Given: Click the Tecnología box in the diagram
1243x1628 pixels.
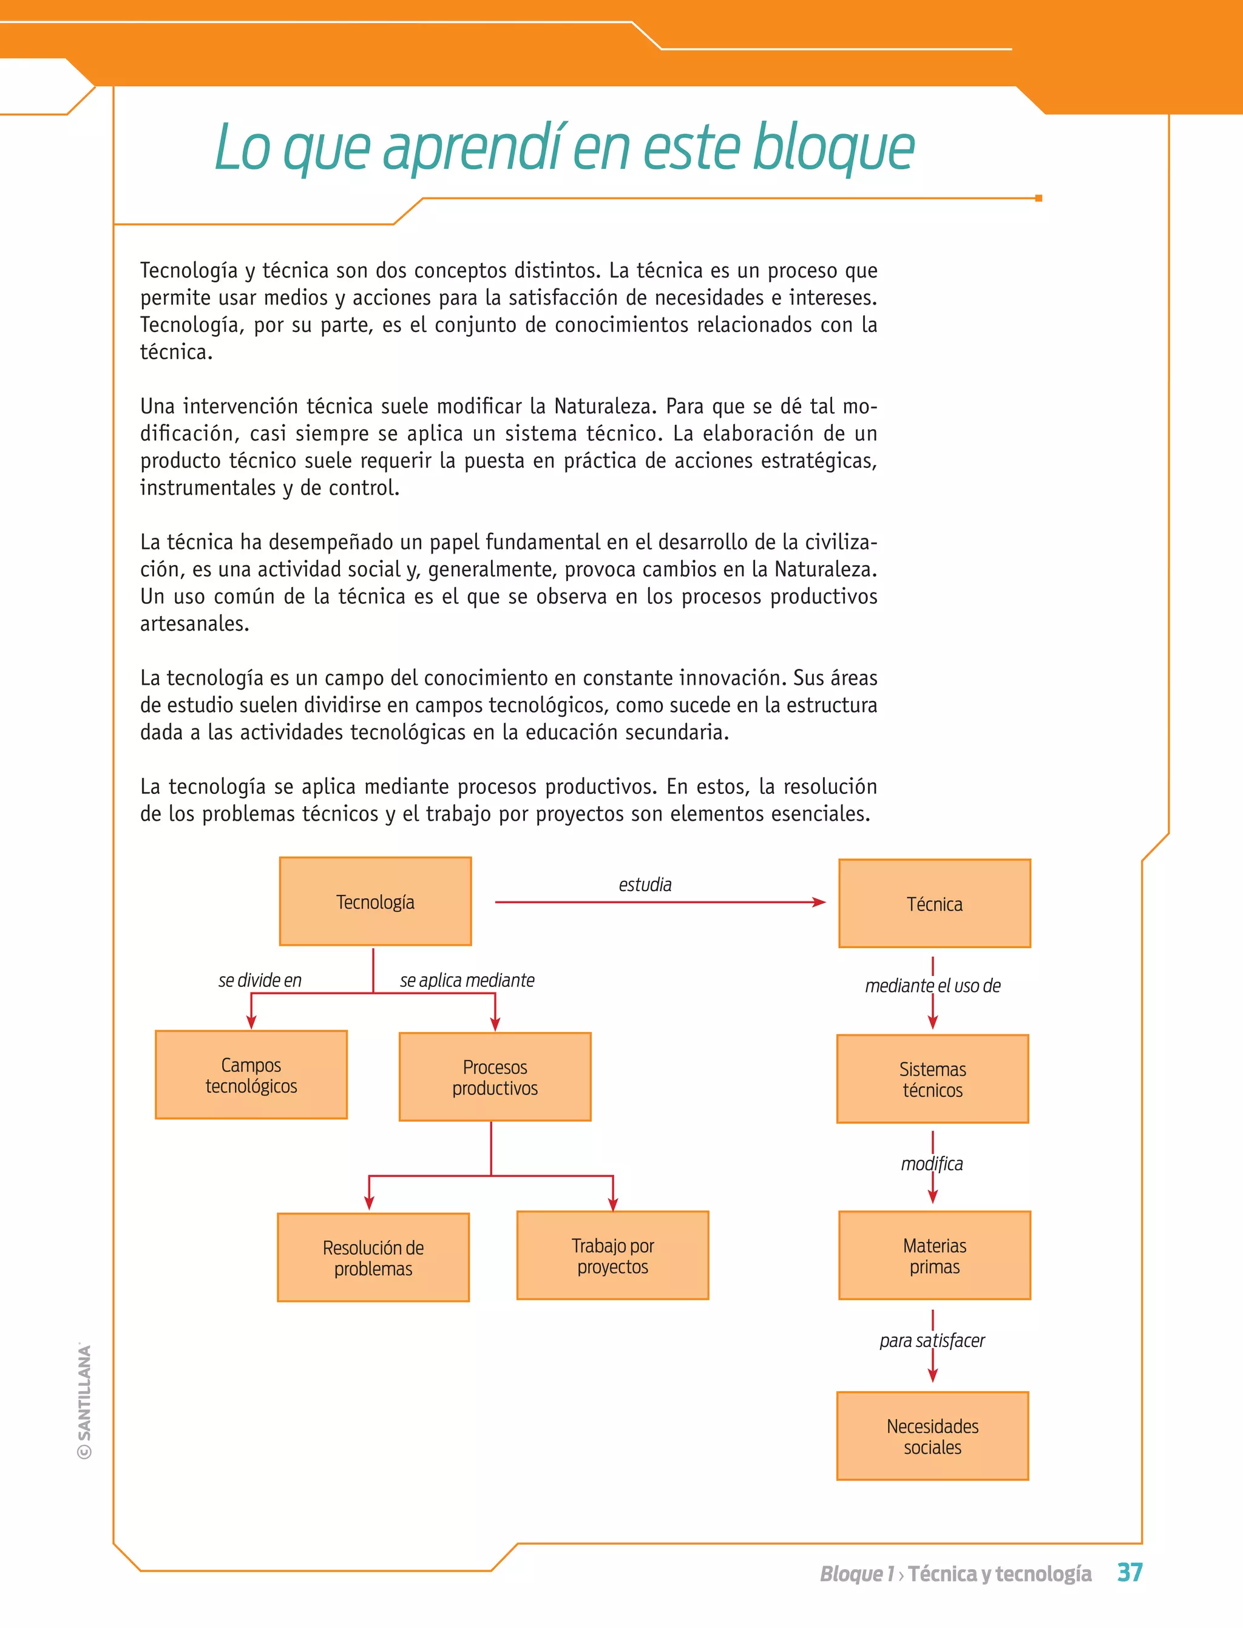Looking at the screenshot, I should point(375,901).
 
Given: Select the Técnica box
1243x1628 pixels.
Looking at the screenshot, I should point(935,904).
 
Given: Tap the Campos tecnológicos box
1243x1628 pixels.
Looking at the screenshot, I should point(251,1074).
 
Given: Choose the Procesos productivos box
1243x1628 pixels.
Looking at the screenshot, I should point(495,1077).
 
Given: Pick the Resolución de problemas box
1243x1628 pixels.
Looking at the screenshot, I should point(373,1257).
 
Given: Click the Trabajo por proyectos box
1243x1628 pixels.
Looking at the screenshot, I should point(612,1255).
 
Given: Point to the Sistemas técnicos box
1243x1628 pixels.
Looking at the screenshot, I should point(932,1079).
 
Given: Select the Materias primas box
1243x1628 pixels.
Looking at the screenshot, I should point(935,1255).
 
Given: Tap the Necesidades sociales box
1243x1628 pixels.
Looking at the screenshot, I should point(932,1436).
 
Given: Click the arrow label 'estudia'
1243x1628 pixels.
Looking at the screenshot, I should point(645,884).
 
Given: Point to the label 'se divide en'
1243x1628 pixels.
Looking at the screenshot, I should point(260,980).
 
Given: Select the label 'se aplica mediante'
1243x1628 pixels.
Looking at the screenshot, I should point(467,980).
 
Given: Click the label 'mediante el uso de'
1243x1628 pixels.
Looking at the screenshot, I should point(932,986).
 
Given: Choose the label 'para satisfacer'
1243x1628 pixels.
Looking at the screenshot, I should point(932,1340).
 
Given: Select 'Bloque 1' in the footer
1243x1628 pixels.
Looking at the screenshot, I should point(857,1573).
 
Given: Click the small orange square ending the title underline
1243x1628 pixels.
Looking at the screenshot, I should point(1039,198).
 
